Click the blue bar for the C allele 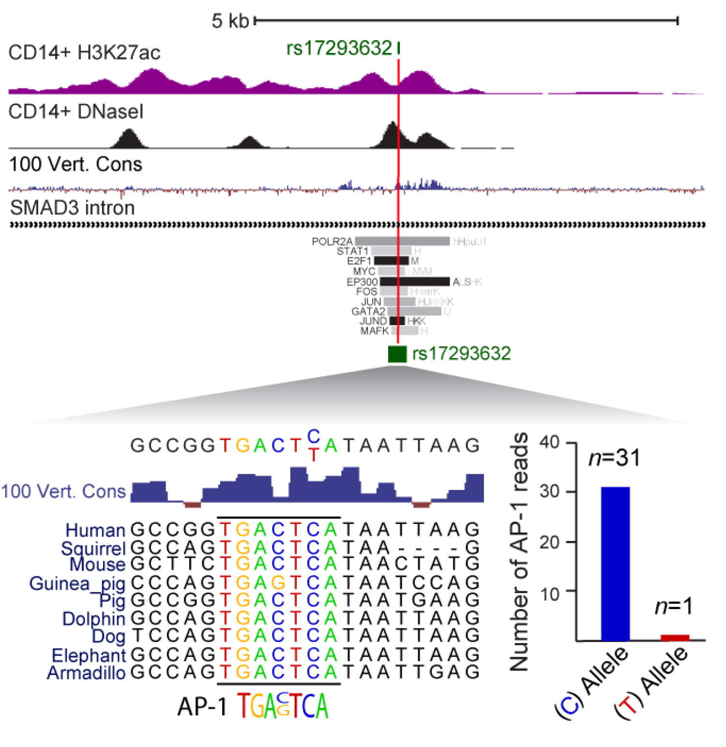(615, 564)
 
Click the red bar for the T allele (675, 638)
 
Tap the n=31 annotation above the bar (614, 458)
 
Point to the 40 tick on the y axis (550, 442)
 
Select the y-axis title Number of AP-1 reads (519, 552)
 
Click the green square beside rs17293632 (397, 354)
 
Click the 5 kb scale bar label (230, 21)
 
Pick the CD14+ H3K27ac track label (84, 53)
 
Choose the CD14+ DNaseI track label (76, 112)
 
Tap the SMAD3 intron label (72, 208)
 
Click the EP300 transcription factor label (362, 282)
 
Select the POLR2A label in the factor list (332, 241)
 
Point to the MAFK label (375, 331)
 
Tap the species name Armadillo (86, 672)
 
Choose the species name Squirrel (93, 548)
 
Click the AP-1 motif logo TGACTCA (282, 706)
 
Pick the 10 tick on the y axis (550, 594)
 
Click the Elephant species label (89, 655)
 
